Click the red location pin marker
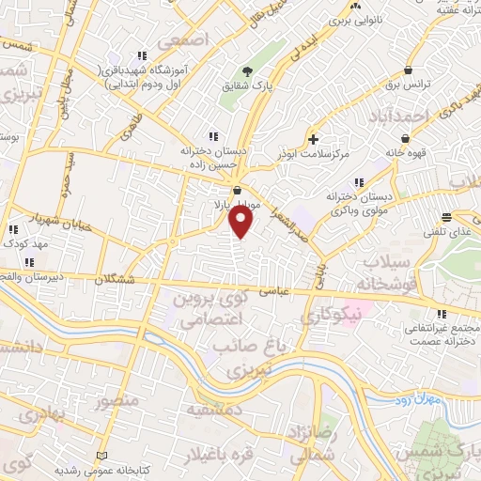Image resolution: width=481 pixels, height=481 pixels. [x=241, y=221]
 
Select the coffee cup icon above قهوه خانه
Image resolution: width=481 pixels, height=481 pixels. [x=404, y=137]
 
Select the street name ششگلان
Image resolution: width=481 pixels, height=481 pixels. [x=131, y=280]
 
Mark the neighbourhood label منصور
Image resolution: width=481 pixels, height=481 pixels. [x=115, y=402]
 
